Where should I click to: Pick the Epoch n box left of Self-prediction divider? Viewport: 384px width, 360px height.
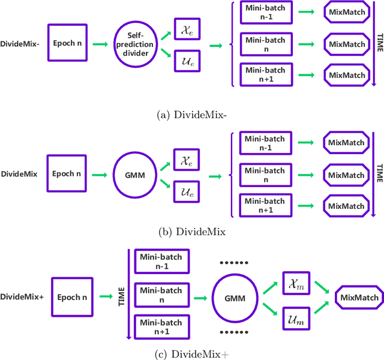67,43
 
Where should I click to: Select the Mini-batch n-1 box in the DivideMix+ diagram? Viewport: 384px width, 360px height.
161,260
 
